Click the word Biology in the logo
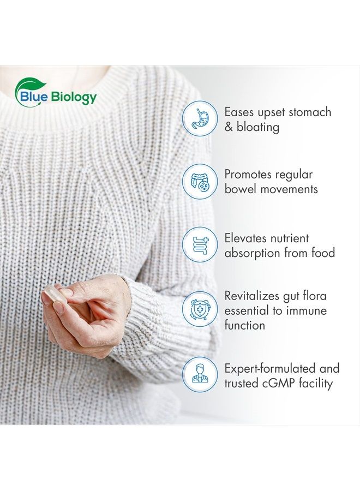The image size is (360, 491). click(x=74, y=98)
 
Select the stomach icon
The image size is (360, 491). click(x=200, y=118)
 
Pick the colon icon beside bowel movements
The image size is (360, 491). click(x=200, y=181)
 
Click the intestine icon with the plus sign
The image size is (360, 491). click(x=200, y=244)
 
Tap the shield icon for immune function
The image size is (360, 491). click(x=200, y=309)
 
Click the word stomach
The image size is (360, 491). click(x=310, y=112)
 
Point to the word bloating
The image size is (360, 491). click(x=258, y=127)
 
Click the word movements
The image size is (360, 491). click(x=289, y=189)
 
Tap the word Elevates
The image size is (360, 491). click(x=245, y=238)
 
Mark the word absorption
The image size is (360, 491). click(x=253, y=253)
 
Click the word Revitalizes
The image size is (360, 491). click(x=251, y=296)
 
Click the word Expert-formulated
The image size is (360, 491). click(x=270, y=369)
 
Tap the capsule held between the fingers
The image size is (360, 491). click(x=54, y=295)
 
